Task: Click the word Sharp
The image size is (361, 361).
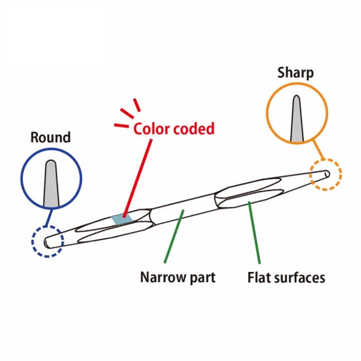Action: [295, 73]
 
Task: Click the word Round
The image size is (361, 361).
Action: [51, 138]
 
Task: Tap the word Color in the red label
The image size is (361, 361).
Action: [151, 128]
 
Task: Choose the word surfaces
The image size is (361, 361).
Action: [301, 278]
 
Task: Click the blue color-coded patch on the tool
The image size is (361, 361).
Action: [122, 219]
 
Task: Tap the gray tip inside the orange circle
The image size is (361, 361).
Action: [297, 120]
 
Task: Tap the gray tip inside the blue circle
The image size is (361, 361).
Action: [51, 183]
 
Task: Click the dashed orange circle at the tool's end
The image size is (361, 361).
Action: [325, 175]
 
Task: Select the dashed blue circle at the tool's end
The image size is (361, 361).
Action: [46, 241]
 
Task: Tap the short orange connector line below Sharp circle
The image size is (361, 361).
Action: [320, 152]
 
